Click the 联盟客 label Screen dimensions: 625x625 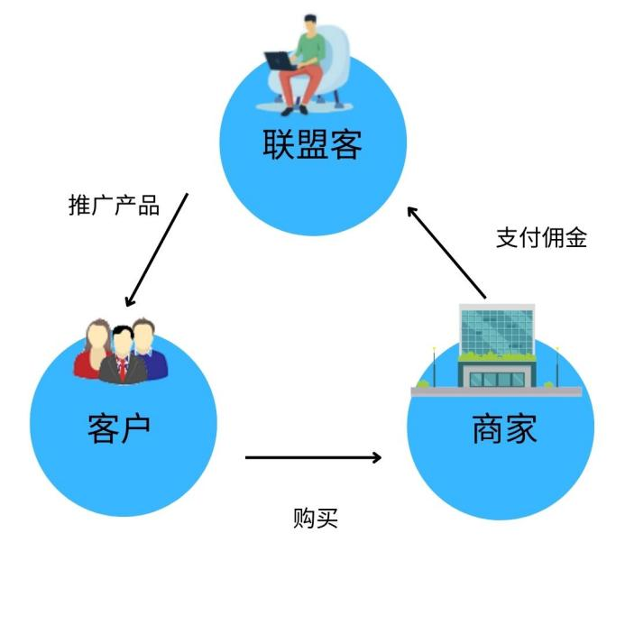click(x=312, y=144)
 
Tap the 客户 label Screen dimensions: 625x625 click(x=118, y=428)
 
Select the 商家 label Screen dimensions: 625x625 click(x=504, y=429)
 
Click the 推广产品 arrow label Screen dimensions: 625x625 click(x=114, y=206)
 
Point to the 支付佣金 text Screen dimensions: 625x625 click(x=541, y=238)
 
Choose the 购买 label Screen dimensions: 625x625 click(x=315, y=519)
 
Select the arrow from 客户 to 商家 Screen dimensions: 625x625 click(x=313, y=457)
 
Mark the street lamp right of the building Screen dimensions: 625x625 click(x=556, y=365)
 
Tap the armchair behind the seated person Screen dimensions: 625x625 click(x=335, y=59)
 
